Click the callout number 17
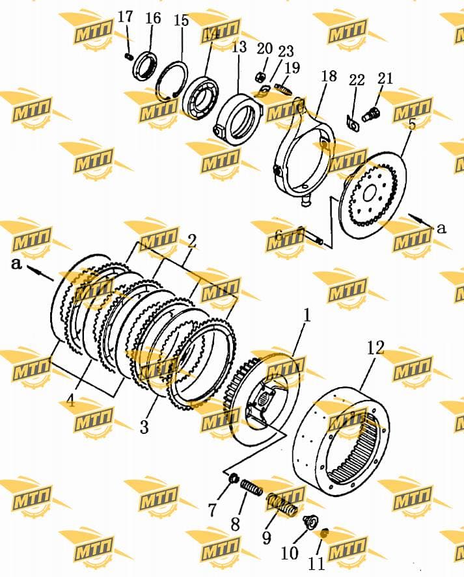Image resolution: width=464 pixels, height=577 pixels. point(125,16)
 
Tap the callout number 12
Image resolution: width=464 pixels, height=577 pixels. point(375,348)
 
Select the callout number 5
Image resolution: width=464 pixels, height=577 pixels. point(412,124)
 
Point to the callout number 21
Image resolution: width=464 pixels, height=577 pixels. point(385,78)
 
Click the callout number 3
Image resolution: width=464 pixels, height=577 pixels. point(144,427)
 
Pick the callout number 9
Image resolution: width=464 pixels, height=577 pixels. point(267,538)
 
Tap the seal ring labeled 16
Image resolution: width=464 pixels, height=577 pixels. point(146,66)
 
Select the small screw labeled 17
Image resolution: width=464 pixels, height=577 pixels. point(128,57)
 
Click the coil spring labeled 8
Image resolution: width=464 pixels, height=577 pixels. point(251,486)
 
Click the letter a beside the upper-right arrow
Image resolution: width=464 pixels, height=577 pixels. point(441,228)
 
